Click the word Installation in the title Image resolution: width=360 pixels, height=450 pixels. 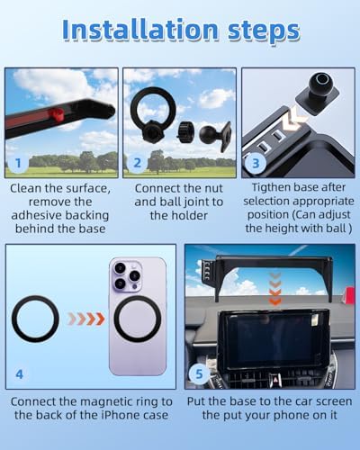pos(140,30)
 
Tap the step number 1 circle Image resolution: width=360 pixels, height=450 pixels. pos(18,163)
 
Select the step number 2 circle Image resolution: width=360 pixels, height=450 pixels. pos(137,163)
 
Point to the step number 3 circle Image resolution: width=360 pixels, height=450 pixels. pos(256,163)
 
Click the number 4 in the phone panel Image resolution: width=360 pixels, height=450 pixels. pos(19,374)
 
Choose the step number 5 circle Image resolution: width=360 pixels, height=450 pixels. pos(199,374)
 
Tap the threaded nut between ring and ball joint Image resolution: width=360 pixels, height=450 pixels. pos(185,132)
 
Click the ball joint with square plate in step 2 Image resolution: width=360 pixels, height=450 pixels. pos(215,135)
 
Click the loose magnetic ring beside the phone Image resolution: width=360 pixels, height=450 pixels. pos(35,319)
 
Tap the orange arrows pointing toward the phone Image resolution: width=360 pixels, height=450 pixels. pos(86,319)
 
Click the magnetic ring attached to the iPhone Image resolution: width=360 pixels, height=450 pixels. pos(138,319)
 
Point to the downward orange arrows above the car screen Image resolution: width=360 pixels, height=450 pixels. pos(274,289)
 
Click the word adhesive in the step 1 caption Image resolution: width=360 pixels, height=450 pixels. pos(37,215)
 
